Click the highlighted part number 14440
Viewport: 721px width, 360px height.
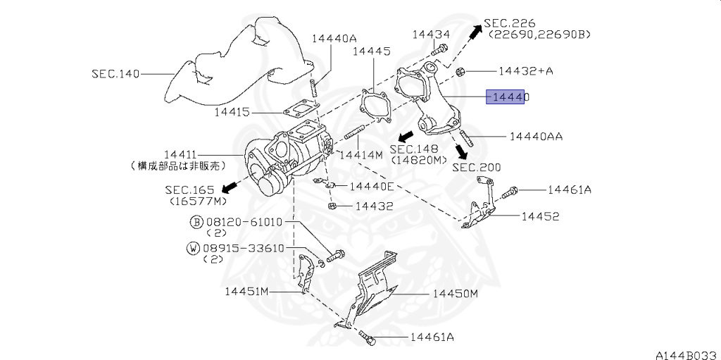[508, 97]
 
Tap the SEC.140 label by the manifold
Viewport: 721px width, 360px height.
[115, 73]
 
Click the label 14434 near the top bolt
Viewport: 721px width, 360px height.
[431, 34]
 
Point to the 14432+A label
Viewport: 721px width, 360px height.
[525, 71]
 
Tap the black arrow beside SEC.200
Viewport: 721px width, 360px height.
[461, 151]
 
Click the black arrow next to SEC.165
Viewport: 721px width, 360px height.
[228, 186]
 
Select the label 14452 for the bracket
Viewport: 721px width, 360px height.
[540, 216]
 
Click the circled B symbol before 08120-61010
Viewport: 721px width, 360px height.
[196, 222]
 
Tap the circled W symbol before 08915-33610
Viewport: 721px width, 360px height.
[193, 248]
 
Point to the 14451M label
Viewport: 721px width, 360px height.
[247, 290]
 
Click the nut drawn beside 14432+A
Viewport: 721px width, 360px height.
[460, 71]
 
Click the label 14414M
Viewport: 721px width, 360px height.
[360, 154]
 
